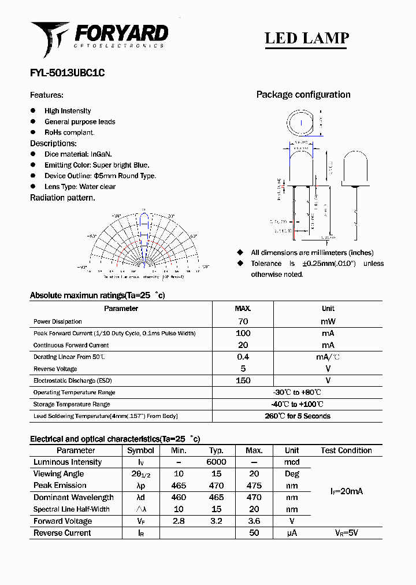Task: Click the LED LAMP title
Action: tap(306, 38)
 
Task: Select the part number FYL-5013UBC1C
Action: tap(68, 73)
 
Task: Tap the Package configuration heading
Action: tap(303, 95)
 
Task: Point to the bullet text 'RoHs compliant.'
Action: tap(69, 132)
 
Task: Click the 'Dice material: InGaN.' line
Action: tap(78, 154)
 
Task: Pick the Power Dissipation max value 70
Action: tap(243, 321)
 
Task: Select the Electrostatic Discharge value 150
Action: tap(243, 380)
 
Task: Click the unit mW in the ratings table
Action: tap(328, 321)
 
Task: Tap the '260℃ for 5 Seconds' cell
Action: tap(297, 416)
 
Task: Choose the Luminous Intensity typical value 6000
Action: tap(216, 462)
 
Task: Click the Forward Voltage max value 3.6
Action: tap(254, 521)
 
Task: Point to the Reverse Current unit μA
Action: tap(292, 533)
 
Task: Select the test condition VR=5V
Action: tap(346, 533)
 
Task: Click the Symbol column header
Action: tap(140, 450)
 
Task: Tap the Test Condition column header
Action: tap(346, 450)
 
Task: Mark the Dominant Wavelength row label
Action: tap(73, 498)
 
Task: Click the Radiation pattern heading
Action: tap(62, 198)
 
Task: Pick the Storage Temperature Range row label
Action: tap(71, 404)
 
